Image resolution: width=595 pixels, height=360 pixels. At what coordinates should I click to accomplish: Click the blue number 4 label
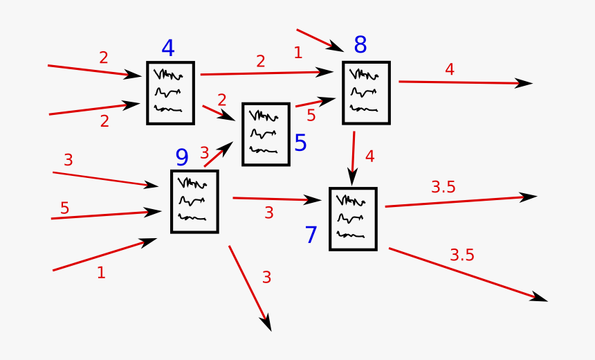(x=167, y=48)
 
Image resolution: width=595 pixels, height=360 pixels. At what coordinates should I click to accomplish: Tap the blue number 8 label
(x=360, y=45)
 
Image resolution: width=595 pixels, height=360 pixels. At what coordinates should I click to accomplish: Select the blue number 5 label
(x=300, y=143)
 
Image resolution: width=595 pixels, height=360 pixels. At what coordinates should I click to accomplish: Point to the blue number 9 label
(x=181, y=158)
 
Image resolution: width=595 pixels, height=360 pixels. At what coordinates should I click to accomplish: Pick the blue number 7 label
(x=311, y=235)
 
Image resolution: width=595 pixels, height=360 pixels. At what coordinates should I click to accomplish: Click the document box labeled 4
(x=170, y=93)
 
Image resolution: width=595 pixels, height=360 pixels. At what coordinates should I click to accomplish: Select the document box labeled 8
(x=366, y=93)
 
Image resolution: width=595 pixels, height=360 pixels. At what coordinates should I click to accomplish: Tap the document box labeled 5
(x=266, y=134)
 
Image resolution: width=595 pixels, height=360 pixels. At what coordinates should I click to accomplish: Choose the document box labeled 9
(x=194, y=201)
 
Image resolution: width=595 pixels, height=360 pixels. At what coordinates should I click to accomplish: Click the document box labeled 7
(x=353, y=219)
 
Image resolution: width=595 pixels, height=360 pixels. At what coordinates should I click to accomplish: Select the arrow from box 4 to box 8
(x=266, y=73)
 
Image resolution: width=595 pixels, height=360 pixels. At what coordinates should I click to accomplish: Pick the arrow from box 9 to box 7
(x=277, y=199)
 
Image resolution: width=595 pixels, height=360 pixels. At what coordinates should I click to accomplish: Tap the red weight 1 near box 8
(x=297, y=53)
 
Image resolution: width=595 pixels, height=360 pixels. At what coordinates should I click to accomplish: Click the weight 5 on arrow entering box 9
(x=64, y=208)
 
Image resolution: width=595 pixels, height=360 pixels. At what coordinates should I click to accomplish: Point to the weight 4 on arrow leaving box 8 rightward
(x=450, y=69)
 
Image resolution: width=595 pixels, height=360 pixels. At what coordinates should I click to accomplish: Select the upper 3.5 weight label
(x=443, y=187)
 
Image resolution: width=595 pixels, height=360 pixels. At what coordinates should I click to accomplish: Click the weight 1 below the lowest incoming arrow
(x=101, y=273)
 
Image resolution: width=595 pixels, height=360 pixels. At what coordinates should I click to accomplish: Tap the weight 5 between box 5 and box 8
(x=311, y=116)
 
